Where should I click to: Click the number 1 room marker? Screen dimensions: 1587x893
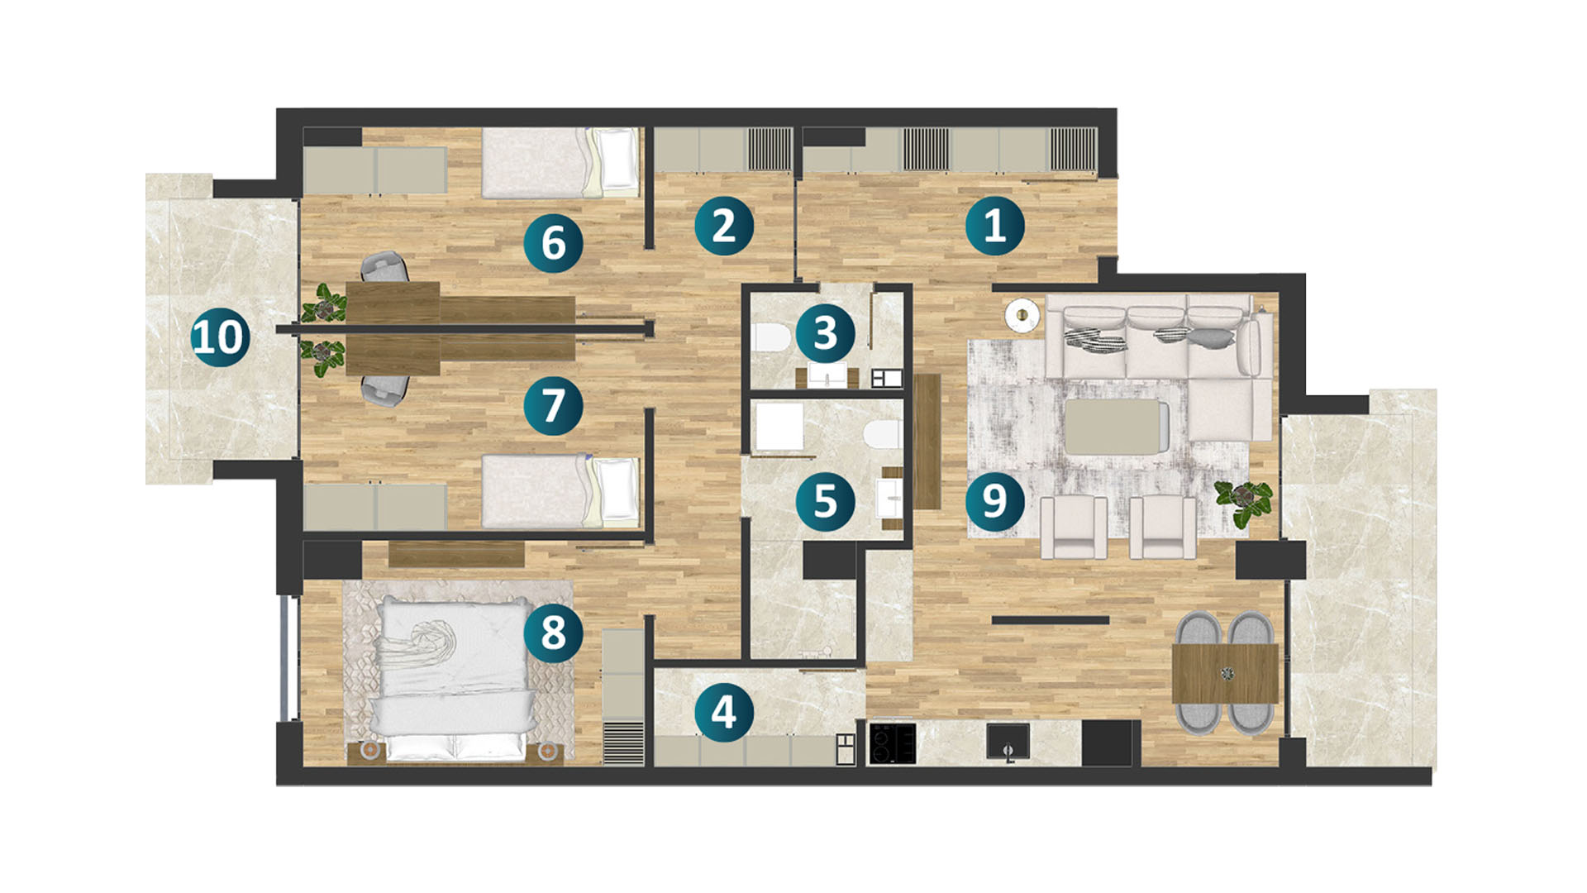(994, 225)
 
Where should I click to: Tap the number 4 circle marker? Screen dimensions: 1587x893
(724, 712)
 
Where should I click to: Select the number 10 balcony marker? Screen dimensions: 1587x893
(220, 337)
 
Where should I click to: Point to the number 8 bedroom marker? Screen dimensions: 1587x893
(553, 633)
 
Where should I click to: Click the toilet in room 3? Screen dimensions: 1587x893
(771, 337)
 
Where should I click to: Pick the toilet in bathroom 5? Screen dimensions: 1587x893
(882, 434)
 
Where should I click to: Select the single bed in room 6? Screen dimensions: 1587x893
(560, 162)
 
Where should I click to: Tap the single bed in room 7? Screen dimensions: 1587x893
(560, 491)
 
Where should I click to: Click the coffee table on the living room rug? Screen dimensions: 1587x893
(1117, 427)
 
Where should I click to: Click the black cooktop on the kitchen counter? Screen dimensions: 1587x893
(893, 743)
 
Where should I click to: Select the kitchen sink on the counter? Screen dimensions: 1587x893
(1008, 742)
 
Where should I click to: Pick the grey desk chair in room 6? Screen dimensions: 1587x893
(384, 266)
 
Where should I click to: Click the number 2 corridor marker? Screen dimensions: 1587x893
(724, 225)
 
